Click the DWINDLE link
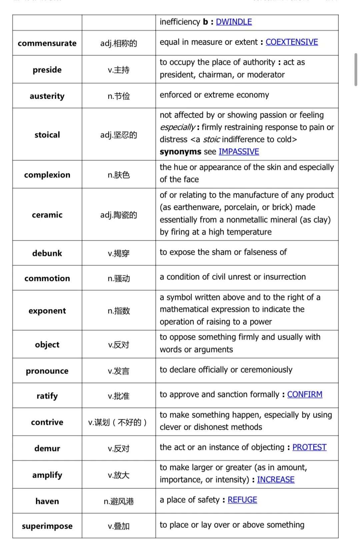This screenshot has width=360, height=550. (234, 22)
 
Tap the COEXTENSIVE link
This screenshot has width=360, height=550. (292, 42)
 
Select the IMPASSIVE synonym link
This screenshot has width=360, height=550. (239, 152)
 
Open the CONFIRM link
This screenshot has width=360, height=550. (305, 395)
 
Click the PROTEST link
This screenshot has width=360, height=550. (309, 447)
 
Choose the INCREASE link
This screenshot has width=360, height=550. (276, 480)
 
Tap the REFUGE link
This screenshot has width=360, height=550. (242, 500)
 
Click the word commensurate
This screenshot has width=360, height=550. (47, 43)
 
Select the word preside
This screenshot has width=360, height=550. (47, 70)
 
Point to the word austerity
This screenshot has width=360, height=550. (47, 96)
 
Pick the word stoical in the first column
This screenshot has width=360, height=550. (47, 135)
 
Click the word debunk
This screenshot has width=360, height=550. (47, 253)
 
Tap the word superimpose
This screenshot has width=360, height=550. (47, 526)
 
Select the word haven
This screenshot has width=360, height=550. (47, 501)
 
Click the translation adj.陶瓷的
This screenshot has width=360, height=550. (119, 215)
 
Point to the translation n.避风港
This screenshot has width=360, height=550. (119, 501)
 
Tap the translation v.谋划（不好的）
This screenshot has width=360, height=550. (118, 423)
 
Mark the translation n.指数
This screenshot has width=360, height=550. (119, 311)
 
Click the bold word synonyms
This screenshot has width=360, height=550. (180, 152)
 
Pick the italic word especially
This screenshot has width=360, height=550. (177, 127)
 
